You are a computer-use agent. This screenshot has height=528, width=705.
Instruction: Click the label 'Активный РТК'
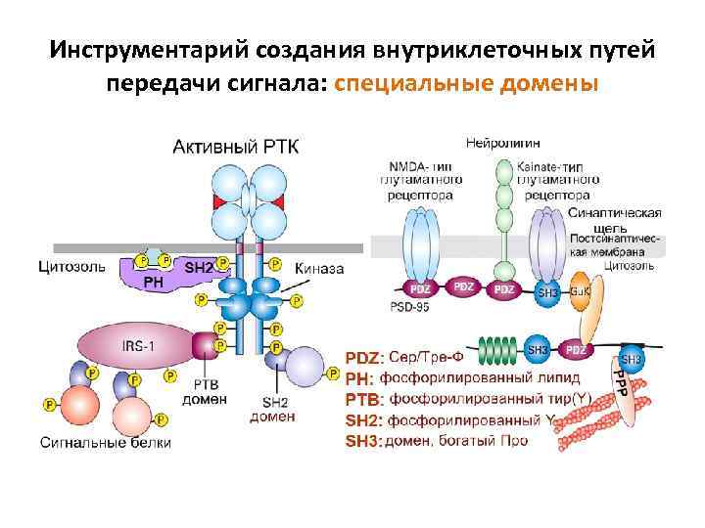(237, 147)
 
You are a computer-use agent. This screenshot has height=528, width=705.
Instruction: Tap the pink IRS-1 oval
(136, 345)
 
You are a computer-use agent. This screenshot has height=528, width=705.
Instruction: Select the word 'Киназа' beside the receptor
(319, 268)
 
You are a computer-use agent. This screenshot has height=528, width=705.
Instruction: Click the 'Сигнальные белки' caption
(105, 442)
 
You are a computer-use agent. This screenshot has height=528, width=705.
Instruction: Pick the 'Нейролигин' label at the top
(503, 142)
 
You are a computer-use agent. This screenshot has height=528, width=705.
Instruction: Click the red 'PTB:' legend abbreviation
(361, 399)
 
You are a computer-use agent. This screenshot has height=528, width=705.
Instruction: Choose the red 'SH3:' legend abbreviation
(361, 441)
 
